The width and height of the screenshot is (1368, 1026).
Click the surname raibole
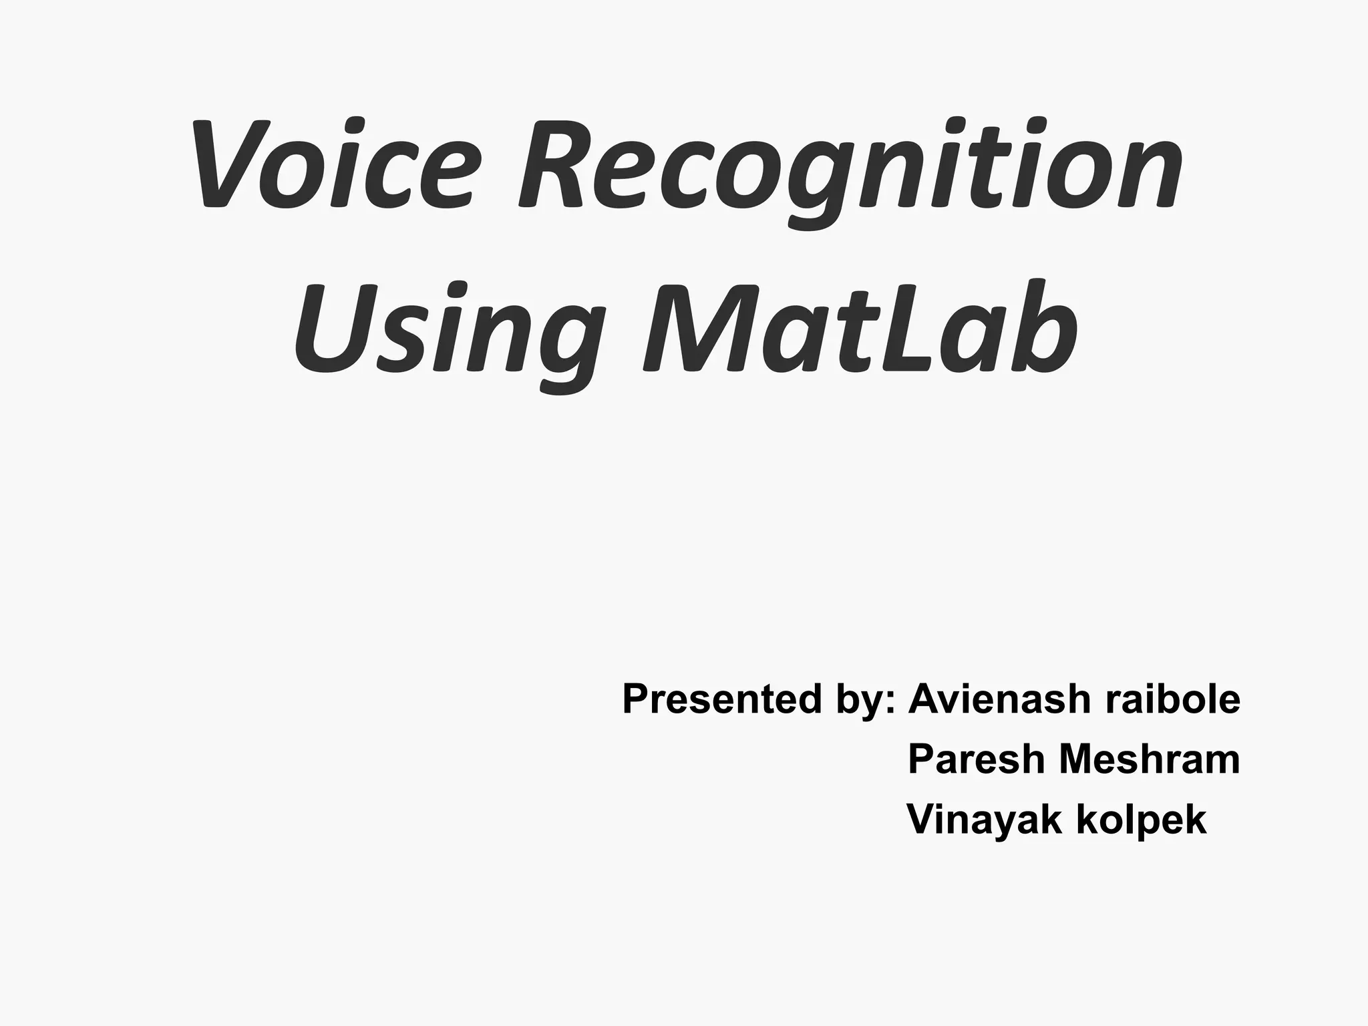coord(1173,699)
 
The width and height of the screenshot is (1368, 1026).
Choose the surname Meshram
coord(1150,760)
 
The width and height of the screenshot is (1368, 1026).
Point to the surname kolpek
coord(1142,821)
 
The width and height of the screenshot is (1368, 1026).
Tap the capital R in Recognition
coord(552,165)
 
